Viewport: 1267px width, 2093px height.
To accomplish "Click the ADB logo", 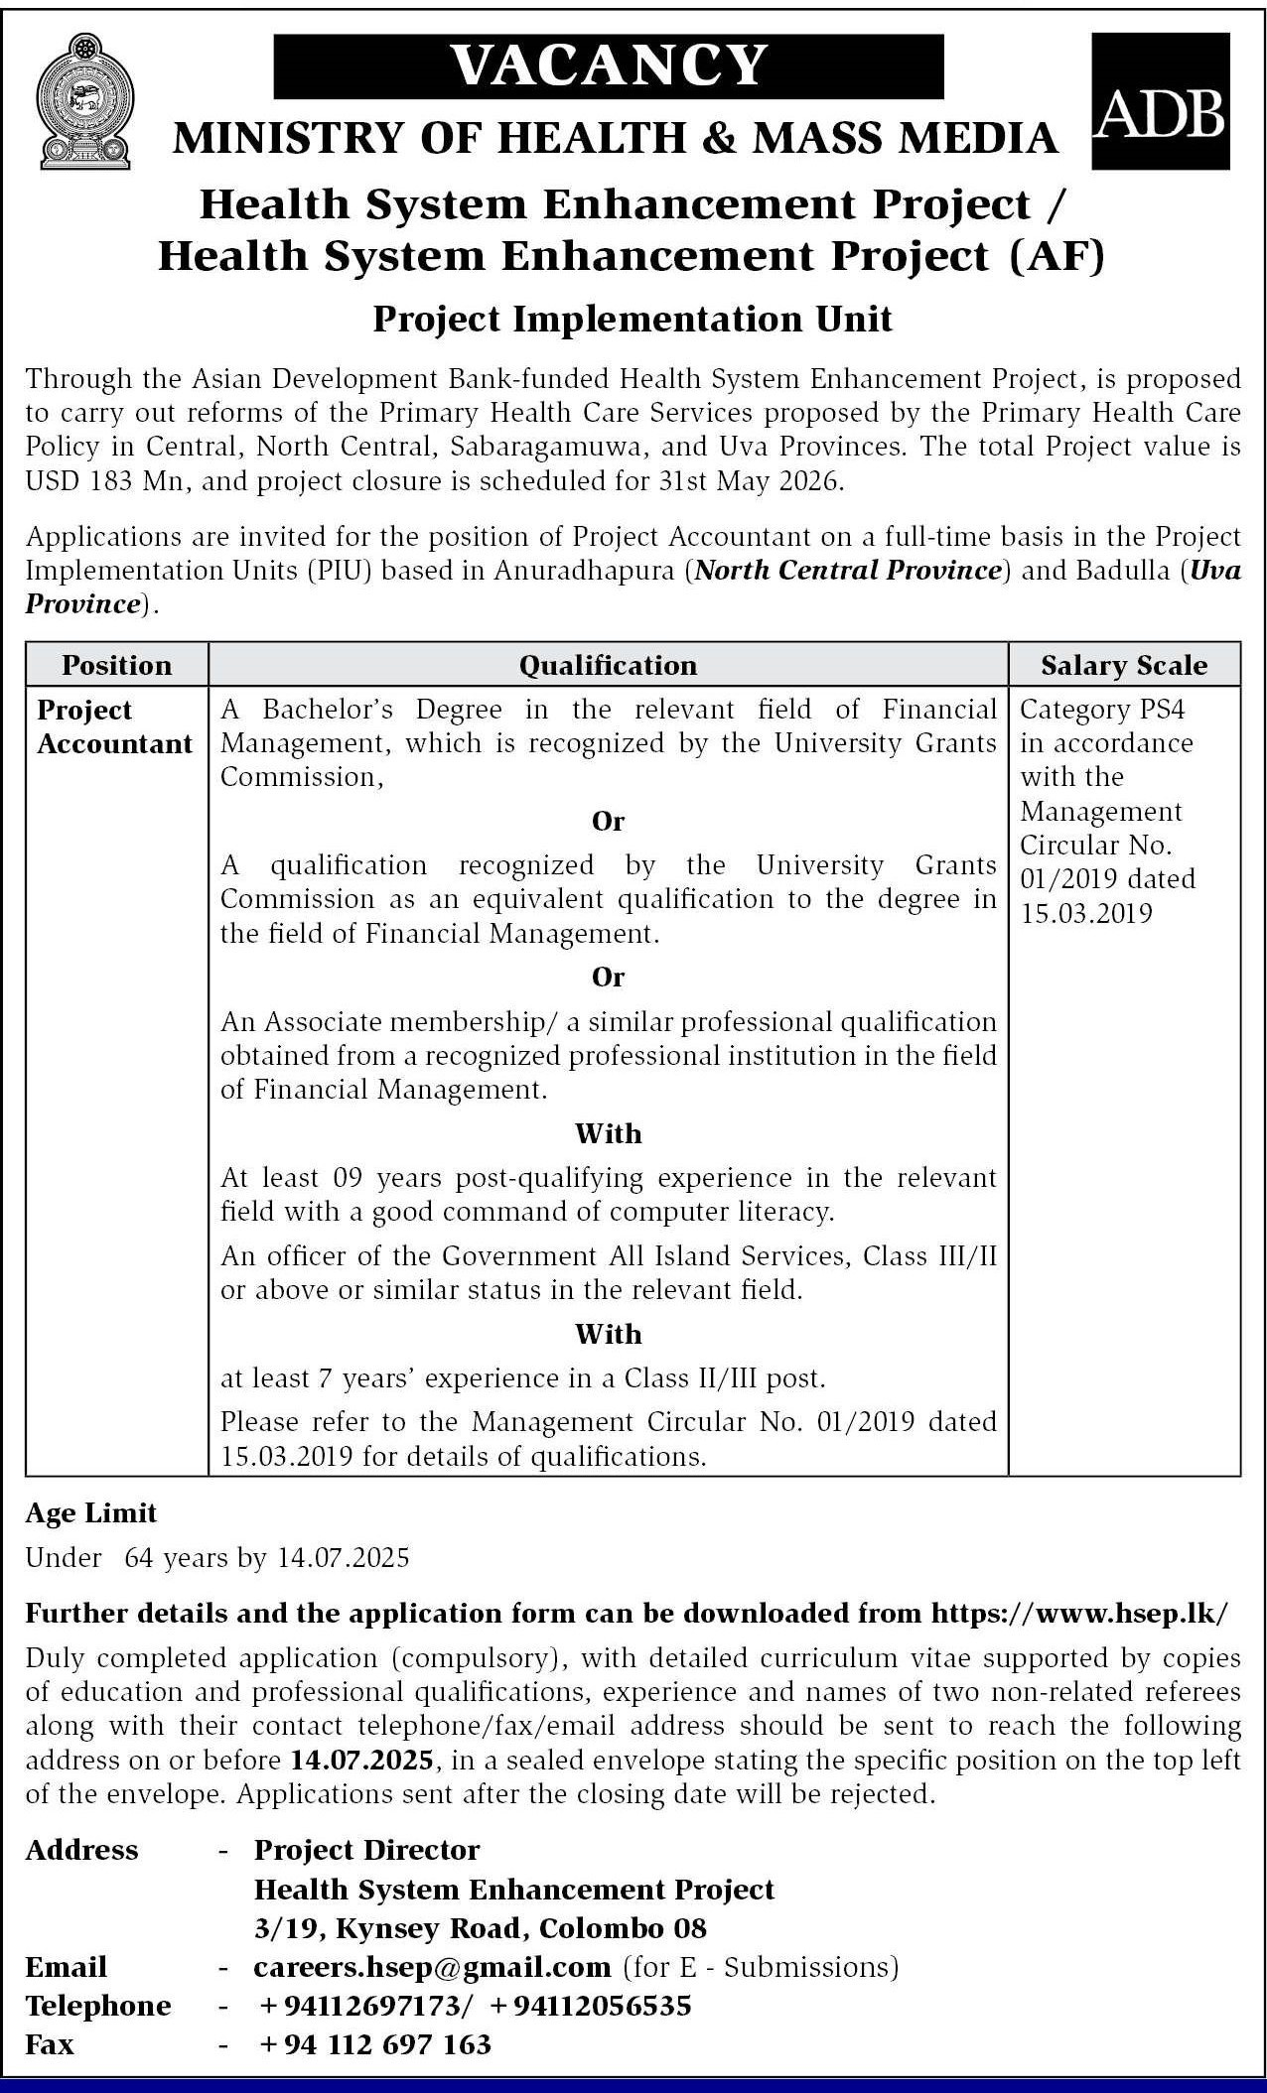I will click(1160, 100).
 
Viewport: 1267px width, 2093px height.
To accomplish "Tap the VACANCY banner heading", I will click(609, 65).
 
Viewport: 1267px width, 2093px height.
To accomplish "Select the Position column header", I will click(117, 665).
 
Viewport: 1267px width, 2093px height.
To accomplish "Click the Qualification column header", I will click(608, 665).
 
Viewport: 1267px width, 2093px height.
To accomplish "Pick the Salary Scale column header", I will click(1124, 665).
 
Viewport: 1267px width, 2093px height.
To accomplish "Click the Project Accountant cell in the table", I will click(114, 727).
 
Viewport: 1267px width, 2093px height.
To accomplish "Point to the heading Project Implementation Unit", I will click(633, 319).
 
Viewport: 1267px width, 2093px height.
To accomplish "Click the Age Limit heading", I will click(91, 1512).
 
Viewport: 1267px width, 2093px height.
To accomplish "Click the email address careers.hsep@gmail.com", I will click(432, 1966).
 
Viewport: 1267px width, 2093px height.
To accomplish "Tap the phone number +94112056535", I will click(590, 2006).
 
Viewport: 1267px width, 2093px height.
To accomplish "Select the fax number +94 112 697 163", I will click(375, 2044).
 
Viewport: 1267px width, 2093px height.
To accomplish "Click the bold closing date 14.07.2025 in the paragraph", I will click(361, 1761).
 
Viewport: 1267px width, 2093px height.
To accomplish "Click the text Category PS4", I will click(1102, 710).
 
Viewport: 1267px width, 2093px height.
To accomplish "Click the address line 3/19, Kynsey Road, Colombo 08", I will click(481, 1927).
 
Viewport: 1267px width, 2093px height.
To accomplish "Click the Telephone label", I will click(98, 2006).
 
